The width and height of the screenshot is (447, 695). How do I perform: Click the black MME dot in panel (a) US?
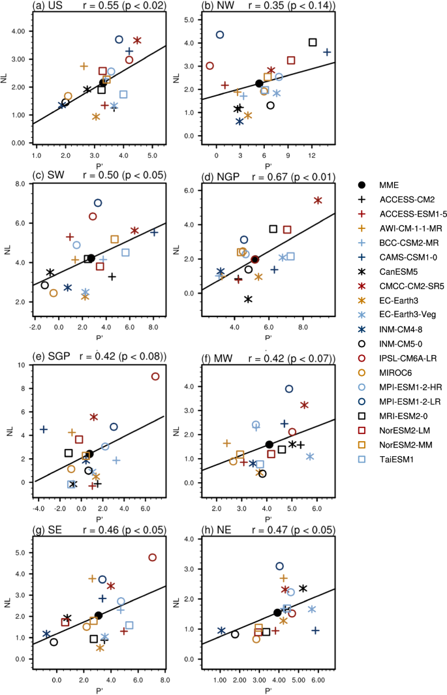[102, 83]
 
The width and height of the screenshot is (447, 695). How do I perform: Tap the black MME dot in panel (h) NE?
[277, 612]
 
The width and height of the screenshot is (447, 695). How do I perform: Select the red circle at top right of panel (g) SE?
[153, 557]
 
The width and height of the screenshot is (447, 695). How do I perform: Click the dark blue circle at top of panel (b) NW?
[220, 35]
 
